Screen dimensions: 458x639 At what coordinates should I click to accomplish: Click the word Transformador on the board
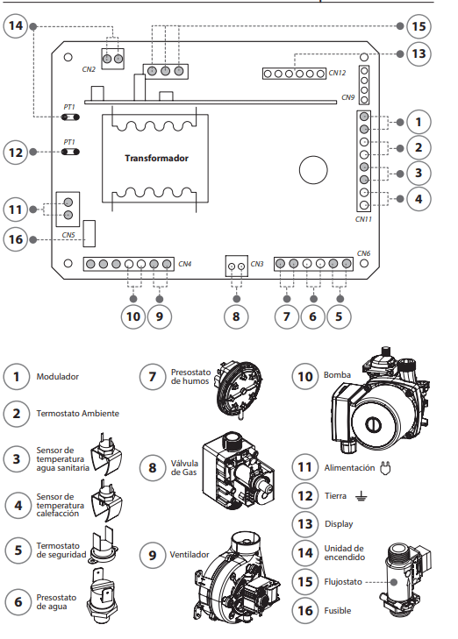(x=156, y=158)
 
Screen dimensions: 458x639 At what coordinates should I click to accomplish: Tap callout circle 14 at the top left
(x=16, y=25)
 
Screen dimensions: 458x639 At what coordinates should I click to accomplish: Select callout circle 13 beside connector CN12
(x=419, y=53)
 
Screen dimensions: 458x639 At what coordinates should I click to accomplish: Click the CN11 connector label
(x=363, y=219)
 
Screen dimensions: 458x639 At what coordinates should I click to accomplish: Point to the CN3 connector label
(x=257, y=264)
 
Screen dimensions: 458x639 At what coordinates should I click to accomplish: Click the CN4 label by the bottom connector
(x=185, y=264)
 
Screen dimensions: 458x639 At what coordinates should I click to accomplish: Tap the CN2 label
(x=89, y=69)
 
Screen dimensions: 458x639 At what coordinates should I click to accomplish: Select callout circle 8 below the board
(x=236, y=316)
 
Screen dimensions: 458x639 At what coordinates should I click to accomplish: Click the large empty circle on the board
(x=313, y=170)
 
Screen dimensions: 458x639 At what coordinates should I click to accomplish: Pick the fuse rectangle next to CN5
(x=89, y=233)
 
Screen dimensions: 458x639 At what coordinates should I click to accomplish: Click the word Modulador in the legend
(x=58, y=377)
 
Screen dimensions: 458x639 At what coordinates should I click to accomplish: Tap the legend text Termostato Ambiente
(x=77, y=413)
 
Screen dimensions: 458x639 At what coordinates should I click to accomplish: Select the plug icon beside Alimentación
(x=385, y=468)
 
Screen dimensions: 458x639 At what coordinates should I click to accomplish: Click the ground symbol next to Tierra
(x=361, y=496)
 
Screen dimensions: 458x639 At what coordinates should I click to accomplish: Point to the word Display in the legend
(x=339, y=524)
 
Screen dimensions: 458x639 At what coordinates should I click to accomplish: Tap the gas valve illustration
(x=238, y=469)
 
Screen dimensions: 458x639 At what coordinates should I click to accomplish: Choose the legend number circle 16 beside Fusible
(x=305, y=610)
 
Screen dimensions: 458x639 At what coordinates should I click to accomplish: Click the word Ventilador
(x=190, y=555)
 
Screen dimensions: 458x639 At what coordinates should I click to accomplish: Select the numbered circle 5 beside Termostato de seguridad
(x=18, y=550)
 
